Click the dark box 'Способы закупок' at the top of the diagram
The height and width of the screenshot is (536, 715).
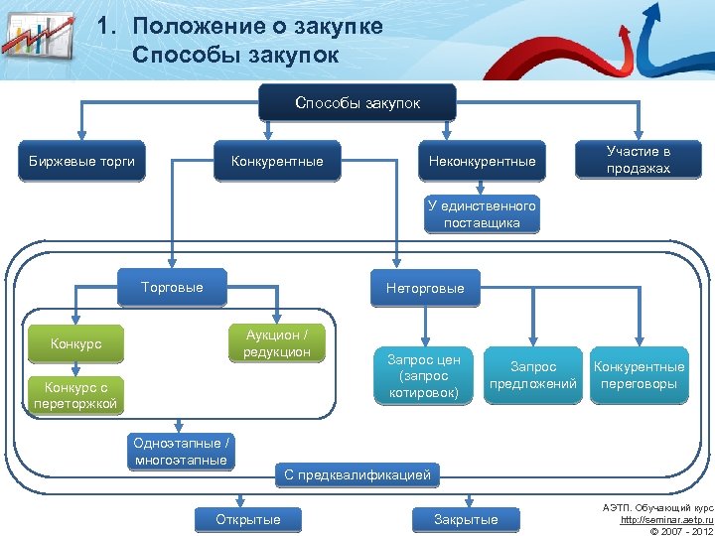tap(357, 103)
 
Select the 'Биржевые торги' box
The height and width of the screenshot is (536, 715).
tap(81, 161)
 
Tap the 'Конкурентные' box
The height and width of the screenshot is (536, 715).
tap(277, 161)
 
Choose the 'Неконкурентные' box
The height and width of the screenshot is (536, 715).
tap(482, 161)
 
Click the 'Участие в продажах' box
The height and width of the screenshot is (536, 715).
tap(639, 160)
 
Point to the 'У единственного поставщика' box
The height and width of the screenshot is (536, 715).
tap(482, 214)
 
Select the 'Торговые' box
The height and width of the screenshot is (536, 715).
tap(172, 287)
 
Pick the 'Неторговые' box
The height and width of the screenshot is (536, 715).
tap(424, 288)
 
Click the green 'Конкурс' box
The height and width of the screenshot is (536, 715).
tap(76, 344)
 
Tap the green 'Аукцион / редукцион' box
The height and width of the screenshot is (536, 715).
tap(277, 343)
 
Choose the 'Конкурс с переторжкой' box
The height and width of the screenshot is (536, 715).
tap(75, 395)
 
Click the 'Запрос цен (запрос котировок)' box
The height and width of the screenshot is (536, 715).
tap(424, 375)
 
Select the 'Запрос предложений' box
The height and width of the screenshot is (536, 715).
tap(534, 375)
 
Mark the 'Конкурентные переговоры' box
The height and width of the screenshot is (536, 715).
tap(639, 375)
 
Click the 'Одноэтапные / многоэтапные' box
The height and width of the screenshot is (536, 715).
tap(181, 452)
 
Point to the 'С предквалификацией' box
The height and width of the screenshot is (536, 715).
tap(357, 475)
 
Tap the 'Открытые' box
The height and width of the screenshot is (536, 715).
tap(248, 519)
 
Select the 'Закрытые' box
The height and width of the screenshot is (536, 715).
tap(466, 519)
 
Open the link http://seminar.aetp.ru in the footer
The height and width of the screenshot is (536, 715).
tap(665, 520)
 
